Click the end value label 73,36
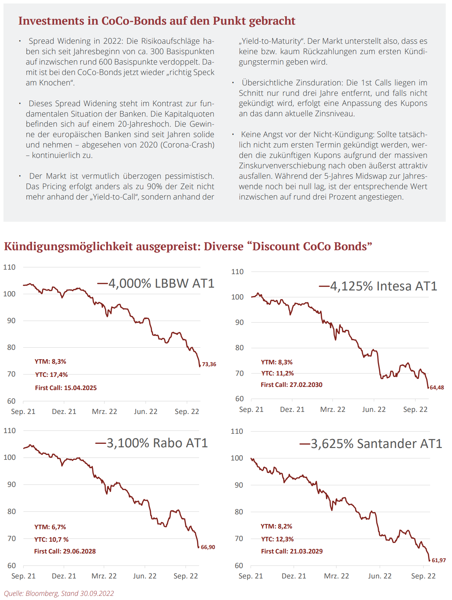[x=209, y=364]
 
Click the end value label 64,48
[x=437, y=388]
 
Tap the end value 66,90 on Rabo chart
[x=208, y=547]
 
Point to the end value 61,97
[x=439, y=560]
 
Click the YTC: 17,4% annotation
[x=51, y=375]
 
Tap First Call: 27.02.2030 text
[x=291, y=385]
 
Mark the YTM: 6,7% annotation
[x=50, y=527]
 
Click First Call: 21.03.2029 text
[x=292, y=551]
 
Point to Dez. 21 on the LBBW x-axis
[x=64, y=412]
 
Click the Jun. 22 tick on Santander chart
[x=379, y=576]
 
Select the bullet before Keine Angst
[x=233, y=135]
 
